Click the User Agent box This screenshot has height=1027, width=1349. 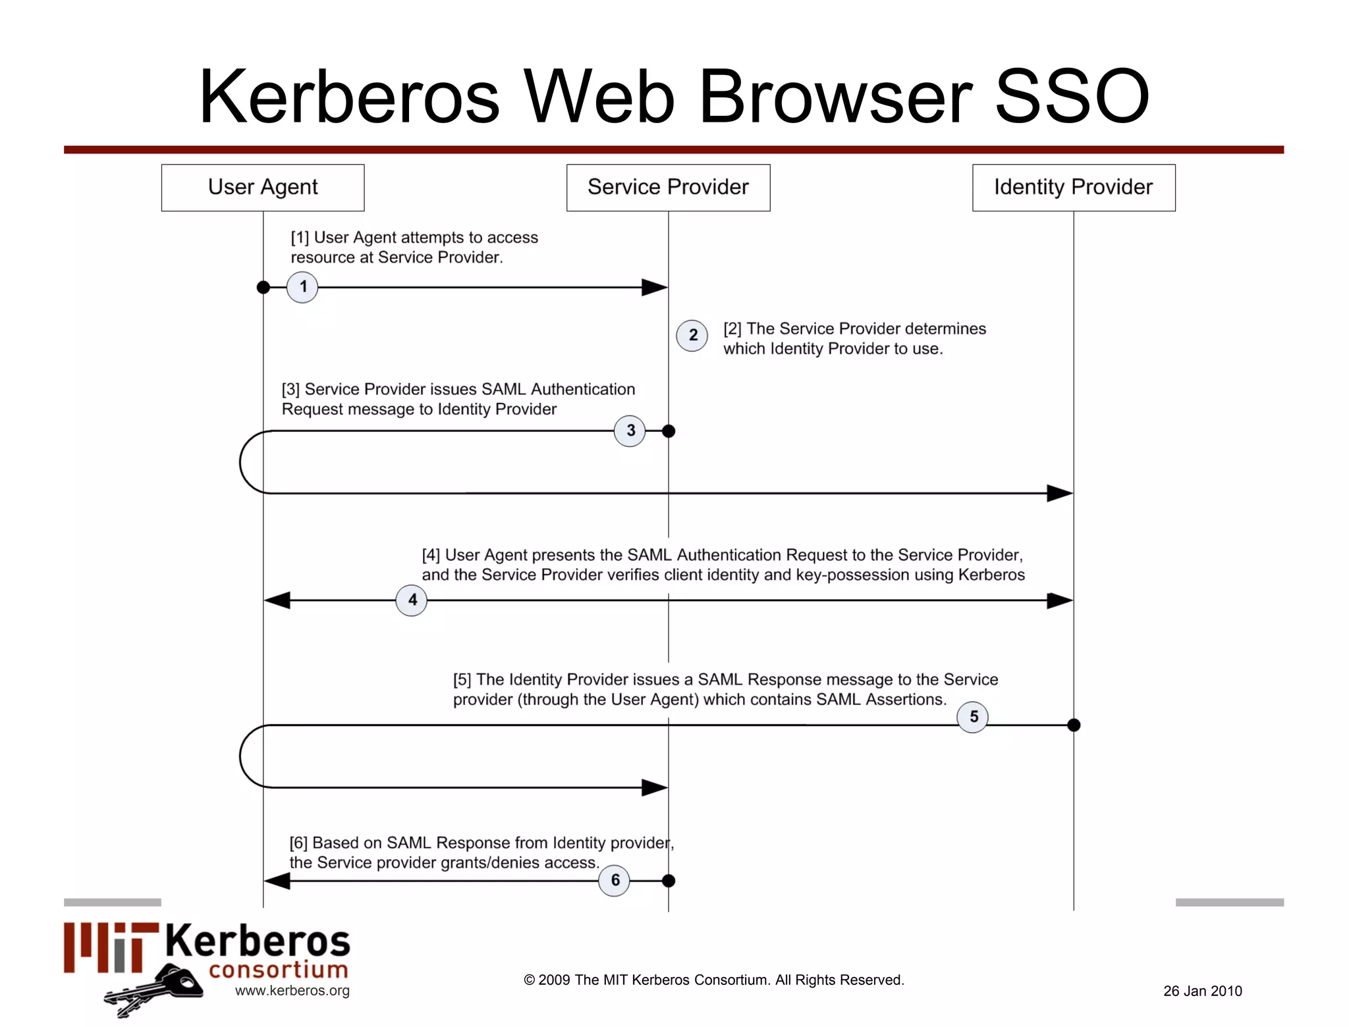click(263, 188)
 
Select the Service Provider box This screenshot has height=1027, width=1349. click(668, 188)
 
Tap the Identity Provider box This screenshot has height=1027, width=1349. click(1074, 188)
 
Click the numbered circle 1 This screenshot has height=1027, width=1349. click(303, 287)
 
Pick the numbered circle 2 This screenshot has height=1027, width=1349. click(692, 335)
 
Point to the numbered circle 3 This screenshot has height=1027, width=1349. click(630, 431)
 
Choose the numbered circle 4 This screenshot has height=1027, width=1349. click(412, 600)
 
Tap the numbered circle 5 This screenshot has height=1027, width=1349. click(973, 717)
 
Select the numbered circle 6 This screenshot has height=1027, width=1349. click(615, 880)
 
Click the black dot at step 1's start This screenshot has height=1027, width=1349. click(263, 287)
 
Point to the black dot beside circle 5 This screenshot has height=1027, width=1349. click(1074, 725)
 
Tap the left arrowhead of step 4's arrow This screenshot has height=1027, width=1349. click(277, 600)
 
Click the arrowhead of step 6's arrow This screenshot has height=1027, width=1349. click(277, 880)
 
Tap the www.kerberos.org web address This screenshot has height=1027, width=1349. click(292, 990)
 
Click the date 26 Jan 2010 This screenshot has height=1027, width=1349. click(1202, 991)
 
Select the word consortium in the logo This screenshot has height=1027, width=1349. click(279, 969)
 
